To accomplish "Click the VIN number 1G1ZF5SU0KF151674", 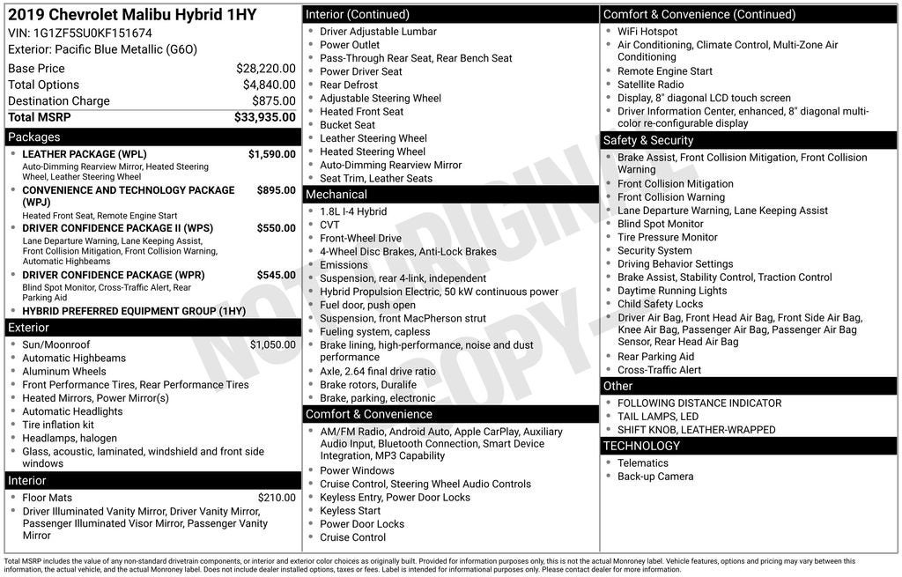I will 92,33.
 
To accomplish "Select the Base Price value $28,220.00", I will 265,69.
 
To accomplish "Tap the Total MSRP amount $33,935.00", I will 264,117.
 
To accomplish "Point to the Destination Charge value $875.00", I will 273,101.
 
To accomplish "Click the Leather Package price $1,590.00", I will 271,154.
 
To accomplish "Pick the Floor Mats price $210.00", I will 277,498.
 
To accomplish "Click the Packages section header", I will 34,137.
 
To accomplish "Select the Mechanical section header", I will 336,195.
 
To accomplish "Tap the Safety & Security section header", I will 648,141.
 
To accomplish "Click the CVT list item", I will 329,225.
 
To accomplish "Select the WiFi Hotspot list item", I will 647,32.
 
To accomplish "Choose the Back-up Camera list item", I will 655,477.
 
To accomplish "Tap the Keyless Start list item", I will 351,511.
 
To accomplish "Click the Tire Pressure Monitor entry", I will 668,237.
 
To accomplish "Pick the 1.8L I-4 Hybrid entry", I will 353,211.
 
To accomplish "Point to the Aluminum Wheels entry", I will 64,372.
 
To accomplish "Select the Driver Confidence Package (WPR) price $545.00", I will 276,275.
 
